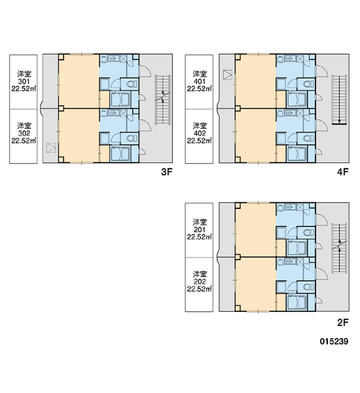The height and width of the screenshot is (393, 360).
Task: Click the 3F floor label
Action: [x=167, y=172]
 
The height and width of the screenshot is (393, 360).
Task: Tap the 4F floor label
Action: [x=343, y=172]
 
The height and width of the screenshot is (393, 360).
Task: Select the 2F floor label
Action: [x=343, y=322]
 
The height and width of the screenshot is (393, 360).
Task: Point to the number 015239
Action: [x=334, y=341]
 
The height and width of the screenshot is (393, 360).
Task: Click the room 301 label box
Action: [x=24, y=82]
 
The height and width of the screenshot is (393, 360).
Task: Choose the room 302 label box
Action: [x=24, y=136]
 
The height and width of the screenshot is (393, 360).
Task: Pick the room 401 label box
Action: [x=199, y=82]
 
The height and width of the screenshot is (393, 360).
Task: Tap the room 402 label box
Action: [x=199, y=136]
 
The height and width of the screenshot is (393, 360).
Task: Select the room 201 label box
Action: [x=199, y=230]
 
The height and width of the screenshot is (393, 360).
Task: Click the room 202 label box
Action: [x=199, y=285]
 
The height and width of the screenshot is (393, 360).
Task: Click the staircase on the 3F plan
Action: [x=163, y=100]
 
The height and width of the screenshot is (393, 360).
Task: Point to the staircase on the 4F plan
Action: [x=340, y=100]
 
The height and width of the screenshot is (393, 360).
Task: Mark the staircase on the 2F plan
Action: [x=340, y=248]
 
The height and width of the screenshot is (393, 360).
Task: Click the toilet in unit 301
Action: [x=132, y=84]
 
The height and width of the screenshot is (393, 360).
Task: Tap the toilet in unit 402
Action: [x=308, y=138]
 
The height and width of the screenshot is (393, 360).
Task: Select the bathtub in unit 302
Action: [x=120, y=154]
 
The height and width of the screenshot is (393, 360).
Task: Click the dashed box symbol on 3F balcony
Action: [x=51, y=147]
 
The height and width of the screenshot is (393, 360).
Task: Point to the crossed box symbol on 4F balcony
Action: [x=228, y=75]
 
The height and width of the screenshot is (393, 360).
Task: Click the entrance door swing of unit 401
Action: [x=322, y=71]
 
